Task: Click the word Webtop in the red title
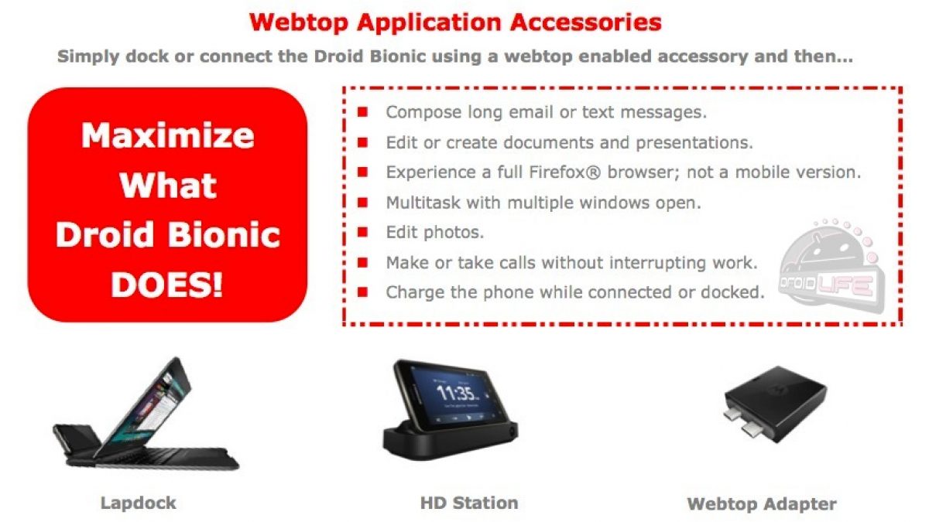(299, 22)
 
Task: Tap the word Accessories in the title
(585, 22)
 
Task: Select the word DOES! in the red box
(166, 285)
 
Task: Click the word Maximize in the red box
(167, 135)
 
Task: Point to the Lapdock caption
(138, 503)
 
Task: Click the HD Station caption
(469, 503)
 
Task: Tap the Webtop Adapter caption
(762, 504)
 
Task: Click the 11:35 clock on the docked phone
(457, 393)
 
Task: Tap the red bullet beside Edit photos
(362, 232)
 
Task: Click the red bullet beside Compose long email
(362, 112)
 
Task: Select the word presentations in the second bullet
(694, 143)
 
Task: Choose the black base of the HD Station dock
(450, 442)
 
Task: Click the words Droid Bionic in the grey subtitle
(369, 56)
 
